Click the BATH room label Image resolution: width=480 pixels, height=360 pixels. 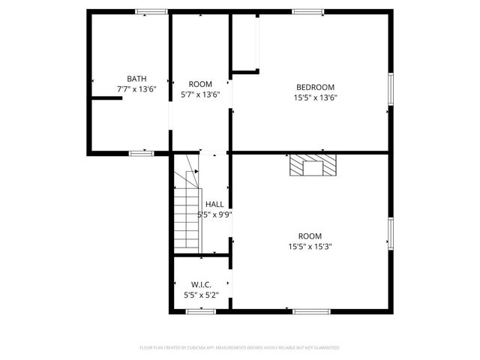[x=136, y=78]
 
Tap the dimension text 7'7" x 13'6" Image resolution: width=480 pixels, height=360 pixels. [x=136, y=88]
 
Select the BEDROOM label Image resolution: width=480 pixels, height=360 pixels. [x=315, y=87]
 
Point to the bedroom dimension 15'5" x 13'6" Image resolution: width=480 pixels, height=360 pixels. [x=315, y=97]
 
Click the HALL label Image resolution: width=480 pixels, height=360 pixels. [x=214, y=204]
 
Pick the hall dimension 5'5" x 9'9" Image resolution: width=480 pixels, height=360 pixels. [x=214, y=214]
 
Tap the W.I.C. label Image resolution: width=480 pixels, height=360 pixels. [x=201, y=285]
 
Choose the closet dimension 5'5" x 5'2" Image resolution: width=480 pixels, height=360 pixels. [x=201, y=295]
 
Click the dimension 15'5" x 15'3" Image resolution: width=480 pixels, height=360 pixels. [x=310, y=246]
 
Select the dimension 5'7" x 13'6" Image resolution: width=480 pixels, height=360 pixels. [x=200, y=94]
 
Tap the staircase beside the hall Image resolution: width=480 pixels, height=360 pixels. [x=188, y=212]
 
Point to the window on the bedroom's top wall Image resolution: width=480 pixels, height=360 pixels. [x=308, y=11]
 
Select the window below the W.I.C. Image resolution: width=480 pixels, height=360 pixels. [x=202, y=311]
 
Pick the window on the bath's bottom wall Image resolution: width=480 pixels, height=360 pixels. [x=141, y=153]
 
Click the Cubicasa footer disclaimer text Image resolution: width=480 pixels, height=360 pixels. [x=240, y=348]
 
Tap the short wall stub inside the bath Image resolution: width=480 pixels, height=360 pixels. [x=106, y=97]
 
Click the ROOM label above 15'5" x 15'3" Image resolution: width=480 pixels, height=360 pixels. [x=310, y=235]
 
